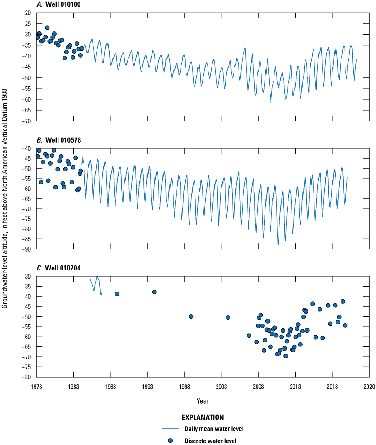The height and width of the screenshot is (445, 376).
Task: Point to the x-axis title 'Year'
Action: point(203,400)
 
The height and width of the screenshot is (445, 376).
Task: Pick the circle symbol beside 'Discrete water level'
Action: point(170,441)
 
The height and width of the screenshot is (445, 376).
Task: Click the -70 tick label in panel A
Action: point(26,121)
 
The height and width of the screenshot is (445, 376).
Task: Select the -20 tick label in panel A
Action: point(26,13)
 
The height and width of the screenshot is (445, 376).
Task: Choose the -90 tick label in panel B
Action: point(26,249)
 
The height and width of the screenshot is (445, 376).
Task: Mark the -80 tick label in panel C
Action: point(26,377)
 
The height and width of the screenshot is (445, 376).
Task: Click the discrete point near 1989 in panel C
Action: point(117,294)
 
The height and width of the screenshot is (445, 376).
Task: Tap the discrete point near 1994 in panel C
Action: point(155,292)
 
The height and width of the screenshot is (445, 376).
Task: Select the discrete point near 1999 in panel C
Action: point(191,316)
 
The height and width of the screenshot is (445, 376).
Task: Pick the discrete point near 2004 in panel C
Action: point(228,318)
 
